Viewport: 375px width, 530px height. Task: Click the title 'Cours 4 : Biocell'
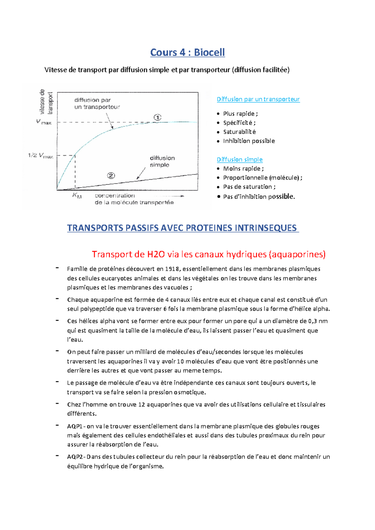(x=187, y=52)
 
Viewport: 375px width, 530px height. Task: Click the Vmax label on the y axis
(x=44, y=122)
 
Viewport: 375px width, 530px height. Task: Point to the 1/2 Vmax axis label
(x=41, y=156)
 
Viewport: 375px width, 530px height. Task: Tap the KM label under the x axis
(x=77, y=196)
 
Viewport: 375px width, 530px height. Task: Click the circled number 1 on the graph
(x=157, y=117)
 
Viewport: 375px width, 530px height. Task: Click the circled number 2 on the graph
(x=111, y=176)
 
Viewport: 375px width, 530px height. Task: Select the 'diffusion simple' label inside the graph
(x=162, y=161)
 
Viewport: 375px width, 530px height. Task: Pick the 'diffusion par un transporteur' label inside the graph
(x=97, y=103)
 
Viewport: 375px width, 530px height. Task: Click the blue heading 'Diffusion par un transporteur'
(x=258, y=99)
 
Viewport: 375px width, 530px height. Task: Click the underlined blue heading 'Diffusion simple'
(x=240, y=159)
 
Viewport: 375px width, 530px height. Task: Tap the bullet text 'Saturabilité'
(x=239, y=132)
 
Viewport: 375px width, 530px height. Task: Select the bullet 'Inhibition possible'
(x=249, y=141)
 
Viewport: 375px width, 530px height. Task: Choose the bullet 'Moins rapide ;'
(x=243, y=169)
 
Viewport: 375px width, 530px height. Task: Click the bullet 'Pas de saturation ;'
(x=249, y=187)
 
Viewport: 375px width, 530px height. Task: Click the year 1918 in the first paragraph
(x=172, y=269)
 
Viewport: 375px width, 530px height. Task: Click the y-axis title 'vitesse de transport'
(x=46, y=102)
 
